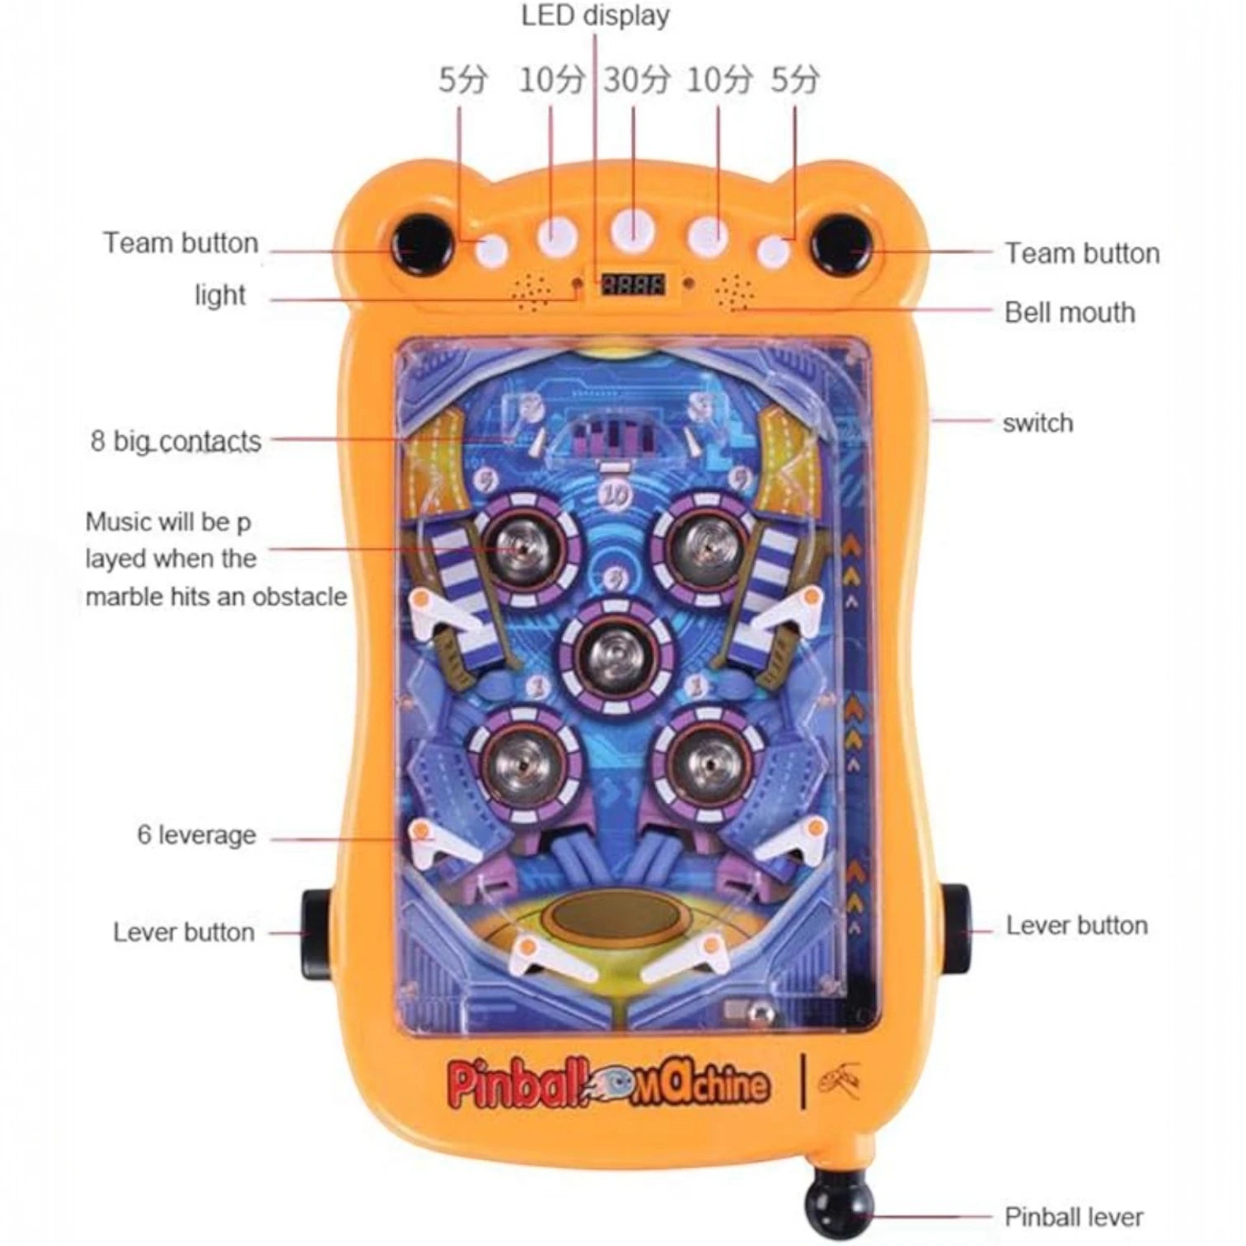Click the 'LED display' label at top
coord(595,16)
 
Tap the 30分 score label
coord(636,81)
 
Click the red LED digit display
coord(633,284)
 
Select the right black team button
coord(841,242)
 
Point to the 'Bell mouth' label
coord(1069,312)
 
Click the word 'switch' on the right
coord(1038,423)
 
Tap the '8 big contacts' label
coord(176,442)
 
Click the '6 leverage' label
coord(196,835)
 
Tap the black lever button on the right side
coord(955,929)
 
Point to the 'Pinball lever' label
coord(1073,1216)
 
